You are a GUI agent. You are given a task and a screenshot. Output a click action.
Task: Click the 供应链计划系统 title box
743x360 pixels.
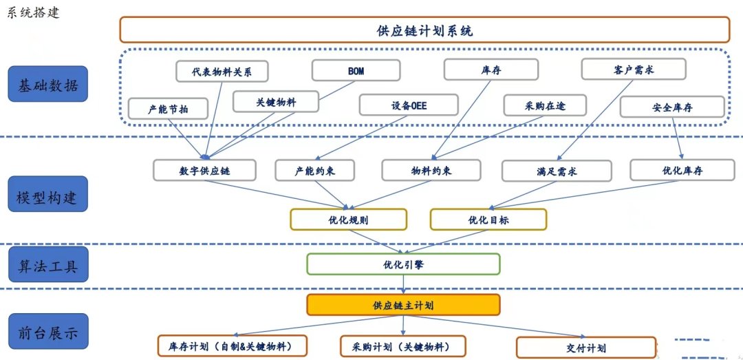coord(424,30)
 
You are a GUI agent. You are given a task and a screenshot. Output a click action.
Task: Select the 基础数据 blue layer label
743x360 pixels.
coord(47,85)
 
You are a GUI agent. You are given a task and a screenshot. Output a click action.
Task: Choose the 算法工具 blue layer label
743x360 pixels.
coord(47,265)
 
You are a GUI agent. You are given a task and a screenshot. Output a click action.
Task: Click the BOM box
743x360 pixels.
coord(356,71)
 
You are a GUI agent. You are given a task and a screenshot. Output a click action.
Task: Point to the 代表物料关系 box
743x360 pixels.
coord(222,72)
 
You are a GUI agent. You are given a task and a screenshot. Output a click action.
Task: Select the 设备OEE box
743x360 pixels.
coord(408,105)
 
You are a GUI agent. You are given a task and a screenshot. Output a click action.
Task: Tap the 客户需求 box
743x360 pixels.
coord(633,70)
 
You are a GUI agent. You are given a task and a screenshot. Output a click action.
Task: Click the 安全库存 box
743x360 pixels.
coord(671,107)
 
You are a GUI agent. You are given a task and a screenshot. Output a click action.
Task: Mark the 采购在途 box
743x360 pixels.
coord(545,105)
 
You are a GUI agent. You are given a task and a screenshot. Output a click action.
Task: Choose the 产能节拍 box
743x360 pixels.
coord(168,108)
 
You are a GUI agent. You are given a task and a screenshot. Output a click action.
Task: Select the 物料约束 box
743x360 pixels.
coord(431,170)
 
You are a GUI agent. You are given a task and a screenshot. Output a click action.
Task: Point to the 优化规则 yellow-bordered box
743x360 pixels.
coord(348,220)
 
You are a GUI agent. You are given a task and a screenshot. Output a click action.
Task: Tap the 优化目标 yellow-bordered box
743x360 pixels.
coord(488,220)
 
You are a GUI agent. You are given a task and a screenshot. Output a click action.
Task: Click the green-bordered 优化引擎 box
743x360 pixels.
coord(403,264)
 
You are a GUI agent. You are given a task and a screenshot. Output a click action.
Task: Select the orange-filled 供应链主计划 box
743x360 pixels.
coord(403,305)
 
